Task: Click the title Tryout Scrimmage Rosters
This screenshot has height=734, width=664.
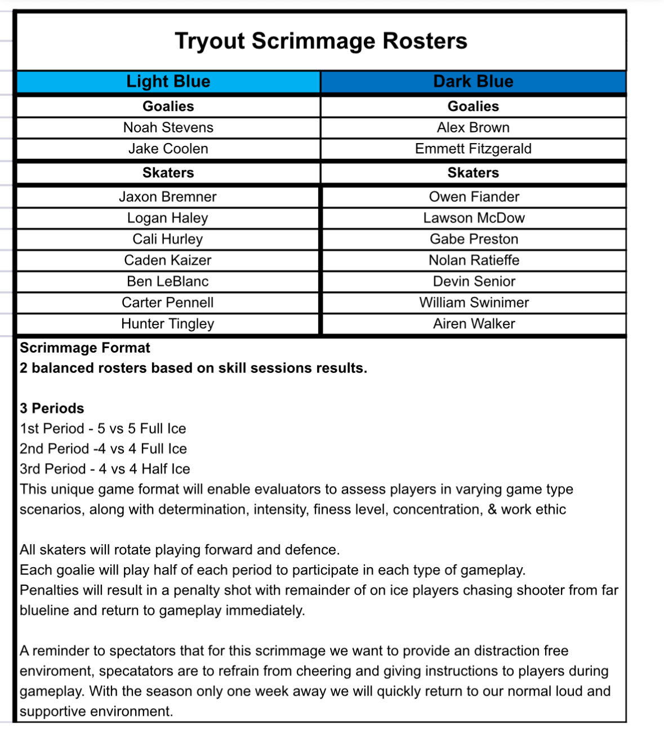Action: [320, 41]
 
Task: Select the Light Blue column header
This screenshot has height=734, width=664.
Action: [168, 82]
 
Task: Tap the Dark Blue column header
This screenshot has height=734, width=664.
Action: [473, 82]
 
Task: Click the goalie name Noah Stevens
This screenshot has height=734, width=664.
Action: [168, 128]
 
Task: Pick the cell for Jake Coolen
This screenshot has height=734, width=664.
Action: [168, 149]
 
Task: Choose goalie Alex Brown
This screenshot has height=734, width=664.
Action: [473, 128]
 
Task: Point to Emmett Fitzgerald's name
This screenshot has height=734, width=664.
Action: [473, 149]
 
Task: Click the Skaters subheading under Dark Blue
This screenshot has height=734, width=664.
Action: [473, 173]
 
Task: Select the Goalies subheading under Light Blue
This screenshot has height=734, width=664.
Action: [168, 106]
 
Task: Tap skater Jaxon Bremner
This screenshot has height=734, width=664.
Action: [168, 197]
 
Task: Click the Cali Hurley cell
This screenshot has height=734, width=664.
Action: [168, 239]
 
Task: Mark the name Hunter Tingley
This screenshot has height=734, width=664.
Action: [168, 324]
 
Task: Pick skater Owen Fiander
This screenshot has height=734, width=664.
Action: [474, 197]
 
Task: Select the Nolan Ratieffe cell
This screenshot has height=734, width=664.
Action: [474, 260]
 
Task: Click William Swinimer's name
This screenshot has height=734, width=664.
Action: [474, 303]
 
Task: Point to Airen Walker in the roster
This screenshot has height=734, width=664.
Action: [474, 324]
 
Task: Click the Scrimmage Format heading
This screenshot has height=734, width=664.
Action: [85, 348]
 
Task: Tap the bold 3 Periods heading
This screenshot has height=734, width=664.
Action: [52, 408]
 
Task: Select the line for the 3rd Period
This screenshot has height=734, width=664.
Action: [105, 469]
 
